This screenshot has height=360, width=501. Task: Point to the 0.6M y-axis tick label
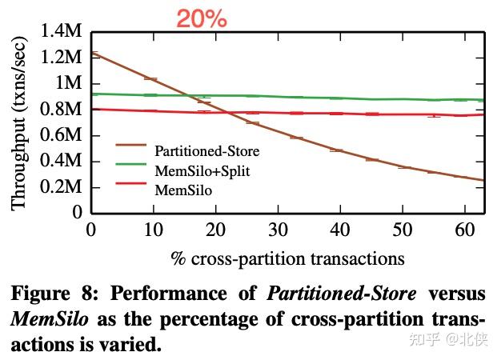(61, 135)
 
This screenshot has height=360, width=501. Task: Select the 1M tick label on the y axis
(68, 84)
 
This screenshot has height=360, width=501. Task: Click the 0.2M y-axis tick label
(61, 187)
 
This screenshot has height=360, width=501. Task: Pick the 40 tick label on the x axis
(341, 230)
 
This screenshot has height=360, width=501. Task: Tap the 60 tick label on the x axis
(465, 230)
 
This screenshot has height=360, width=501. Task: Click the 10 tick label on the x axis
(154, 230)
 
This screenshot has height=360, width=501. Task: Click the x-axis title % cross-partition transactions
(287, 258)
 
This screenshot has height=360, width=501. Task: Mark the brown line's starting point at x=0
(92, 53)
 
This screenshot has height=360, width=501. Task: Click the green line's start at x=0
(92, 94)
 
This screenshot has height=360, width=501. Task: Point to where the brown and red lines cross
(227, 112)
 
